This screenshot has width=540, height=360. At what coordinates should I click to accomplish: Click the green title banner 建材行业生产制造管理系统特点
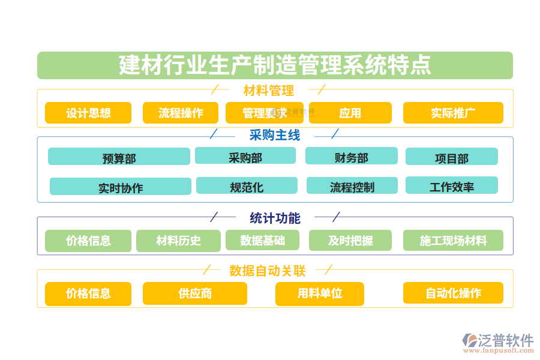(x=275, y=65)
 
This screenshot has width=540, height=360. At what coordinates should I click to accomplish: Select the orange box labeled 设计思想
(x=88, y=113)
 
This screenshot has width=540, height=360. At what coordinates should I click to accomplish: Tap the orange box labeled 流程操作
(x=181, y=113)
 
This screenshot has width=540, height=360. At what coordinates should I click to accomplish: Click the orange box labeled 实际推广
(x=453, y=113)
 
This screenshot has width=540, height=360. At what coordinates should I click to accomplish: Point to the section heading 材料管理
(x=268, y=91)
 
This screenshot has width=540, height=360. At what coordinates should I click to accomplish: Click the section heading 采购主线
(x=274, y=135)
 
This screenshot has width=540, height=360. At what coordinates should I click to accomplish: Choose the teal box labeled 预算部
(x=119, y=157)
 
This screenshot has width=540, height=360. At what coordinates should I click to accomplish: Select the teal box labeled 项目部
(x=451, y=157)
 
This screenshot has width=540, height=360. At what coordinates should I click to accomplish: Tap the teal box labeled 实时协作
(x=121, y=187)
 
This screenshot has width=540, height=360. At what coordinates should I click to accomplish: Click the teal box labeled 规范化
(x=247, y=186)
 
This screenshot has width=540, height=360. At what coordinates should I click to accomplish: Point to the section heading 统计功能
(x=275, y=218)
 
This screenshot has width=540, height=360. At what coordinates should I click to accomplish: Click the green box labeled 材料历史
(x=178, y=241)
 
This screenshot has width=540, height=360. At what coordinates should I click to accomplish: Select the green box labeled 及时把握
(x=350, y=241)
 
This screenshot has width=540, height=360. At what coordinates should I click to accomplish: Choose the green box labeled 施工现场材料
(x=453, y=241)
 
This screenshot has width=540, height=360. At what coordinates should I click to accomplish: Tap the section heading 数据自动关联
(x=268, y=271)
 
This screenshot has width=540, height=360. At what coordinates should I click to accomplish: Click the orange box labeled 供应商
(x=194, y=293)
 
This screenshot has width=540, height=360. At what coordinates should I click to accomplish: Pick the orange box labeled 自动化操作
(x=453, y=293)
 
